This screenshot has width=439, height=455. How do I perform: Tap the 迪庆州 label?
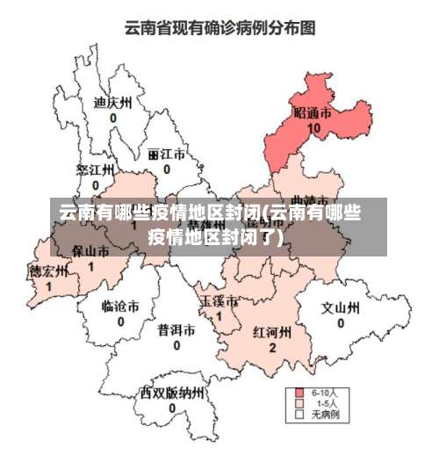click(x=112, y=101)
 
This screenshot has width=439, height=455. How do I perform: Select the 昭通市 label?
click(x=313, y=114)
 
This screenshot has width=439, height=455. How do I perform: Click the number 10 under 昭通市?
click(x=313, y=128)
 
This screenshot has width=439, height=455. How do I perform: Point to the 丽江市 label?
click(x=166, y=153)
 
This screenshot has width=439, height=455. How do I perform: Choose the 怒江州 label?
click(x=95, y=170)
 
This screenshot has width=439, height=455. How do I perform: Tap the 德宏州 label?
click(x=48, y=271)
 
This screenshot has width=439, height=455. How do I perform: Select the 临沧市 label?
click(x=120, y=307)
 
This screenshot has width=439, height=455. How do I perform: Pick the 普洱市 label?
click(x=176, y=330)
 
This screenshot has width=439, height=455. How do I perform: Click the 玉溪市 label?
click(x=219, y=301)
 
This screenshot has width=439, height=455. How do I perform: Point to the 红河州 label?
click(x=272, y=333)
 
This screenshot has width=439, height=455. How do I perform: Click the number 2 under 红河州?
click(x=272, y=348)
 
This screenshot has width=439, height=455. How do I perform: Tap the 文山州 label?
click(x=340, y=308)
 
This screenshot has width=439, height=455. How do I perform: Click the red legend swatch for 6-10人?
click(x=299, y=392)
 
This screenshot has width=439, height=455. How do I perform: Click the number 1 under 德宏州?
click(x=48, y=285)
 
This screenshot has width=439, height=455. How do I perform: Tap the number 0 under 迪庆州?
click(x=112, y=116)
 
